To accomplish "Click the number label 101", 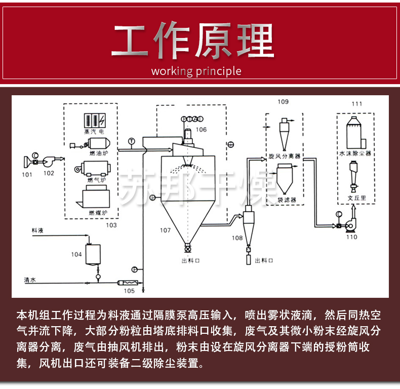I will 27,175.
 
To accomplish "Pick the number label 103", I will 110,224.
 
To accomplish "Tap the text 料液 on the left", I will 37,230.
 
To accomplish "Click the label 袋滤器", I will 287,200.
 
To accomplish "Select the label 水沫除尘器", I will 356,152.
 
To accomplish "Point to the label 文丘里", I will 356,199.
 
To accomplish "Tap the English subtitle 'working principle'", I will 196,71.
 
